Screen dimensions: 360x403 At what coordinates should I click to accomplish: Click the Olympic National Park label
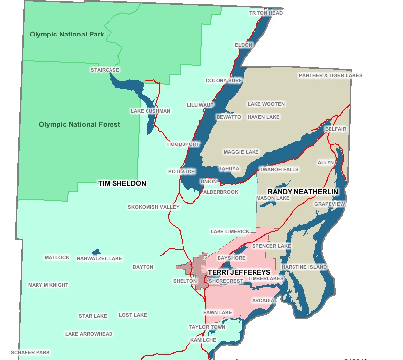tap(67, 34)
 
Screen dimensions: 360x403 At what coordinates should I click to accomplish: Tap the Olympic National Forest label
tap(79, 124)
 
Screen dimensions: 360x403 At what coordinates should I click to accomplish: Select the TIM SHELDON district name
tap(122, 183)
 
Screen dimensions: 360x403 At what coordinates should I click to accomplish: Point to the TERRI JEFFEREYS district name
tap(239, 272)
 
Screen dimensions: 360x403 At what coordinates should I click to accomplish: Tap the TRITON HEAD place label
tap(266, 13)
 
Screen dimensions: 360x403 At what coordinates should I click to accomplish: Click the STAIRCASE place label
tap(105, 70)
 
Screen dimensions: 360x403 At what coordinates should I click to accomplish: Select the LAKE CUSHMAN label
tap(150, 111)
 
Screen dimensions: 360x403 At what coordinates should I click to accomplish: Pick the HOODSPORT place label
tap(183, 144)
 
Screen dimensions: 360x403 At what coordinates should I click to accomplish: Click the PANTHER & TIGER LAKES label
tap(330, 76)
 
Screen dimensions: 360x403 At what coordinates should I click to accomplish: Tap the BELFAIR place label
tap(335, 129)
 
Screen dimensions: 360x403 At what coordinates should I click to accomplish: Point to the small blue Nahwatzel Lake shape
tap(96, 252)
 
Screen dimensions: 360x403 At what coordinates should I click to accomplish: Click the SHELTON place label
tap(185, 281)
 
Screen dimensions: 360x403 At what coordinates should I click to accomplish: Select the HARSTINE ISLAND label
tap(304, 267)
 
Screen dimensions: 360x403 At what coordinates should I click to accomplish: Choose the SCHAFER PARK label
tap(31, 353)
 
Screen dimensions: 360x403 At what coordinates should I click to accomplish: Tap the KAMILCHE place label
tap(202, 340)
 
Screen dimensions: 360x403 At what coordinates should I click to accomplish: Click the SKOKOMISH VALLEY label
tap(153, 207)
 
